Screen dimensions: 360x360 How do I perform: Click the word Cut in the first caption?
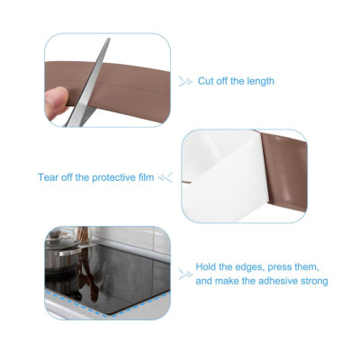coord(205,81)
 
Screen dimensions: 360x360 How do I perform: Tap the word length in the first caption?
coord(261,82)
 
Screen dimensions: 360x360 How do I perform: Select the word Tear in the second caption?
coord(48,177)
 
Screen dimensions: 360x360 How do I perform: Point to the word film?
coord(146,177)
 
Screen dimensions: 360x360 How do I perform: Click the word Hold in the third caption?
coord(206,266)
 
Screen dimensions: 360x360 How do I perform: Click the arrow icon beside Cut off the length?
coord(185,81)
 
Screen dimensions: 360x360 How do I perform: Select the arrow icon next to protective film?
coord(166,177)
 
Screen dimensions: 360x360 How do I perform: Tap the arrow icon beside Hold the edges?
coord(185,274)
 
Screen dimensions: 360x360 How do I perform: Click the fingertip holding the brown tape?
coord(56,99)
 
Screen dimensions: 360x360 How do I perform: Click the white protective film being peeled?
coord(222,177)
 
